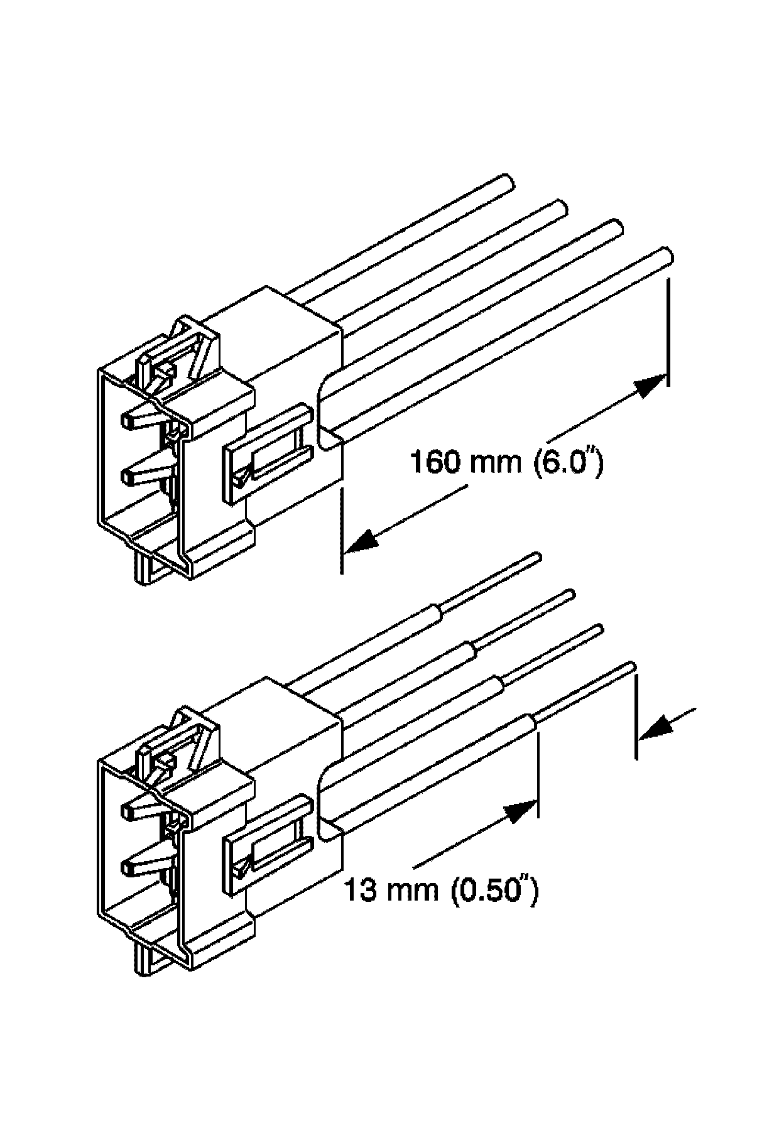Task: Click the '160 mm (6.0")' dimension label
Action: click(506, 463)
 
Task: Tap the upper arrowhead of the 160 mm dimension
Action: click(651, 384)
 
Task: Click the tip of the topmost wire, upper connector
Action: click(509, 183)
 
